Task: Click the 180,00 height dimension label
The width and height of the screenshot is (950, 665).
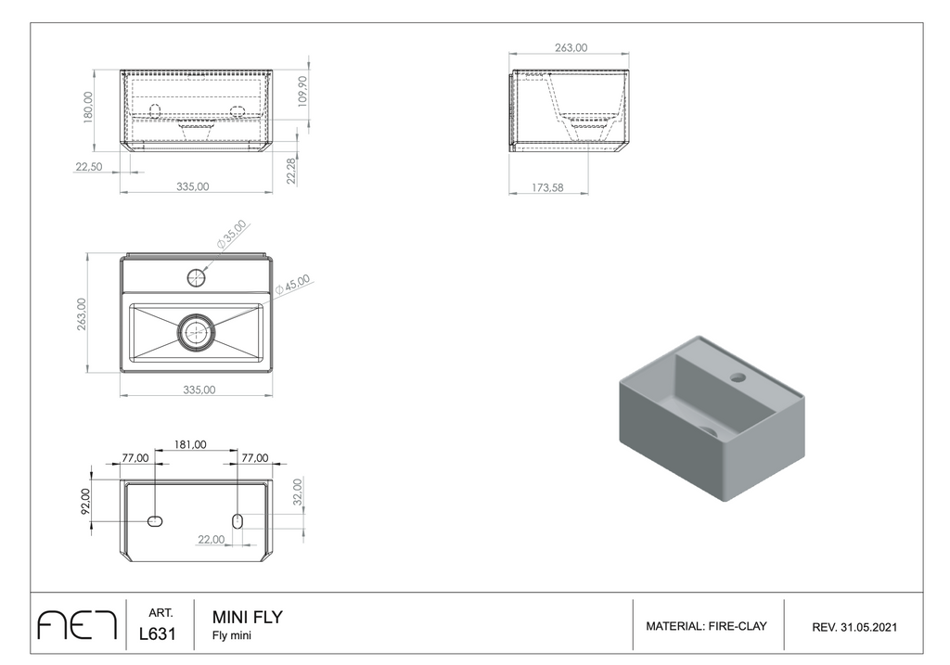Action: tap(88, 108)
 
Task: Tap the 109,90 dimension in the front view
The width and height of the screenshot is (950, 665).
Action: tap(302, 91)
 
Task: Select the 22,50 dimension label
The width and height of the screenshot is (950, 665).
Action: tap(88, 167)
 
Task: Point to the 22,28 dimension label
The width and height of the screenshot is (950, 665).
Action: tap(291, 170)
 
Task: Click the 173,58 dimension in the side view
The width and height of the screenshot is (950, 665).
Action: tap(547, 187)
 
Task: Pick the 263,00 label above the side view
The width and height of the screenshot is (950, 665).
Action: tap(571, 47)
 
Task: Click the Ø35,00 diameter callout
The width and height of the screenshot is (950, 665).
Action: tap(232, 235)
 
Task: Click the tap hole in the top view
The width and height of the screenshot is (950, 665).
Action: tap(197, 278)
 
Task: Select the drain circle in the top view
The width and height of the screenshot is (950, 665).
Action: tap(196, 332)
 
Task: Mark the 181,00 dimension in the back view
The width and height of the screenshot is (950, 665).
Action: tap(190, 444)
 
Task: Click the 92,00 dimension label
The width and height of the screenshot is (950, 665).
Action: tap(84, 501)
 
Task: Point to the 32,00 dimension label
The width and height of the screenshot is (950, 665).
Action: tap(297, 492)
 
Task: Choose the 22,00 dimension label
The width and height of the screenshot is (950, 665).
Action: tap(211, 539)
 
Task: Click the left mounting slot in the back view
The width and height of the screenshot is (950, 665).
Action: tap(155, 521)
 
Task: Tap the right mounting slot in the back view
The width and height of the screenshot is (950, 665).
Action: tap(237, 521)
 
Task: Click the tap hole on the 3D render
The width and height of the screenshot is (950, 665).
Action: tap(738, 377)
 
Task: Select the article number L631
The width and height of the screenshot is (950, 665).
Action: tap(158, 633)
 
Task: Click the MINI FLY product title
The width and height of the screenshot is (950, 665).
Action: tap(247, 617)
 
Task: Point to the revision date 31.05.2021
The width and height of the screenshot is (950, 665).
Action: tap(868, 628)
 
